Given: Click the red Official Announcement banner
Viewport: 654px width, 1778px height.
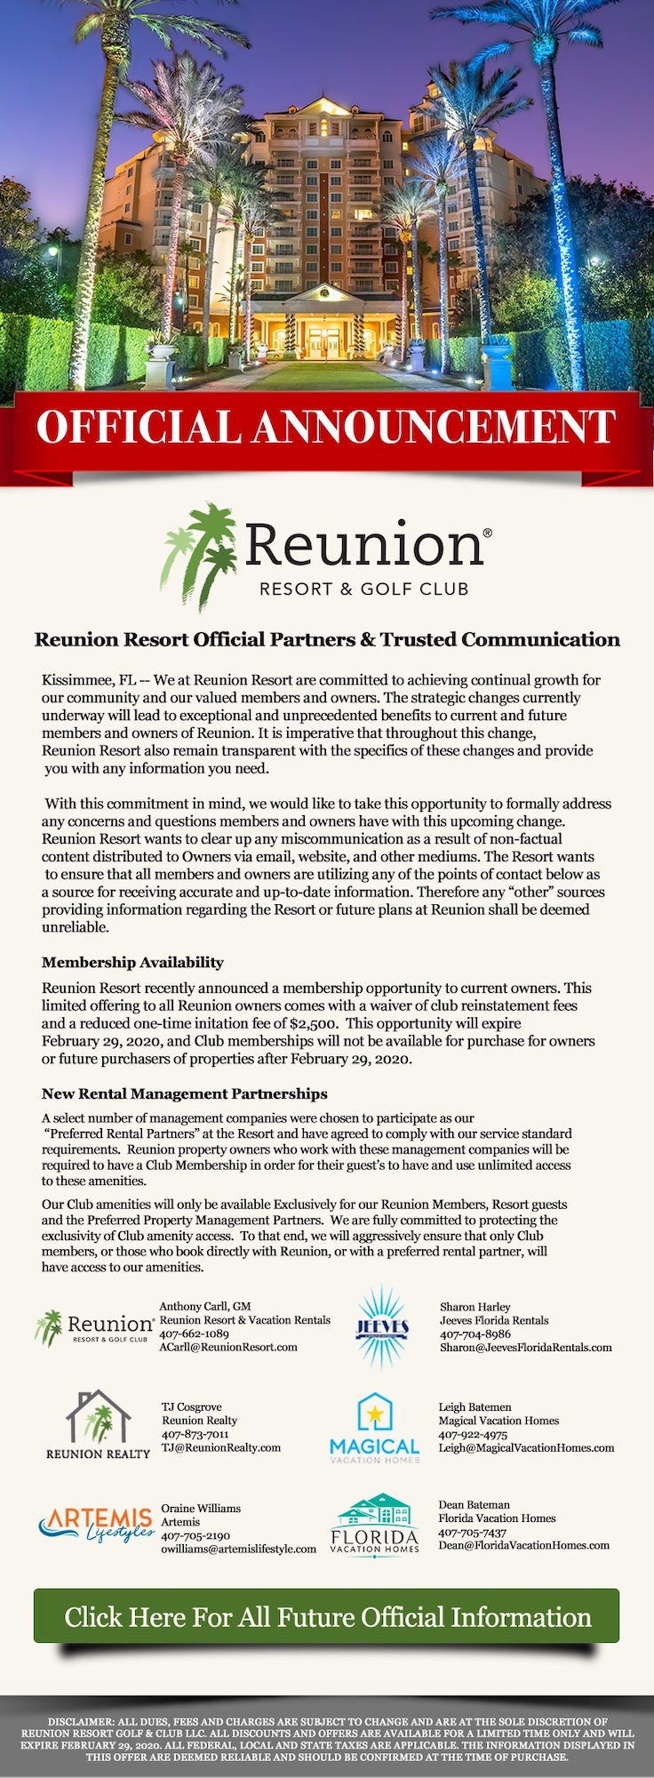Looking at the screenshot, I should tap(326, 426).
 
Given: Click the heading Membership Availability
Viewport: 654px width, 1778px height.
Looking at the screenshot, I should tap(132, 962).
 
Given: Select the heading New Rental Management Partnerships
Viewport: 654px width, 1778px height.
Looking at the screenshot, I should tap(184, 1093).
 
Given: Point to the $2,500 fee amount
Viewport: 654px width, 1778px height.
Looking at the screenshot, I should tap(313, 1023).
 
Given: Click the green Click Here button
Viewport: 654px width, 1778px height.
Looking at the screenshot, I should tap(326, 1616).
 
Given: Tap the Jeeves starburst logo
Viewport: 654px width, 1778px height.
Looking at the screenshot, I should tap(382, 1327).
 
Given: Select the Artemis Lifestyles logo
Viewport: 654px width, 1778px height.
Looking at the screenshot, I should tap(96, 1525).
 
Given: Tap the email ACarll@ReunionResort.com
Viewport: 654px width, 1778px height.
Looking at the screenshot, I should tap(228, 1347).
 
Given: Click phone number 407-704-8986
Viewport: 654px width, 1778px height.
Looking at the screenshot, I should tap(475, 1333).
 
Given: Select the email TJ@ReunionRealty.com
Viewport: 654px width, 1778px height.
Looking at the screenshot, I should tap(221, 1447).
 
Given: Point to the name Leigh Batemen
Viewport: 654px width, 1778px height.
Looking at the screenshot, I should tap(475, 1407).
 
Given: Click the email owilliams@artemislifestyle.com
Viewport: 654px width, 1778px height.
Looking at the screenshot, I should tap(238, 1549).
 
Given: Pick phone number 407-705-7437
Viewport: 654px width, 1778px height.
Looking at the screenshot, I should tap(472, 1532).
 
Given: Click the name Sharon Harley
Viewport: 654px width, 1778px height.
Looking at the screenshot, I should tap(475, 1307).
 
